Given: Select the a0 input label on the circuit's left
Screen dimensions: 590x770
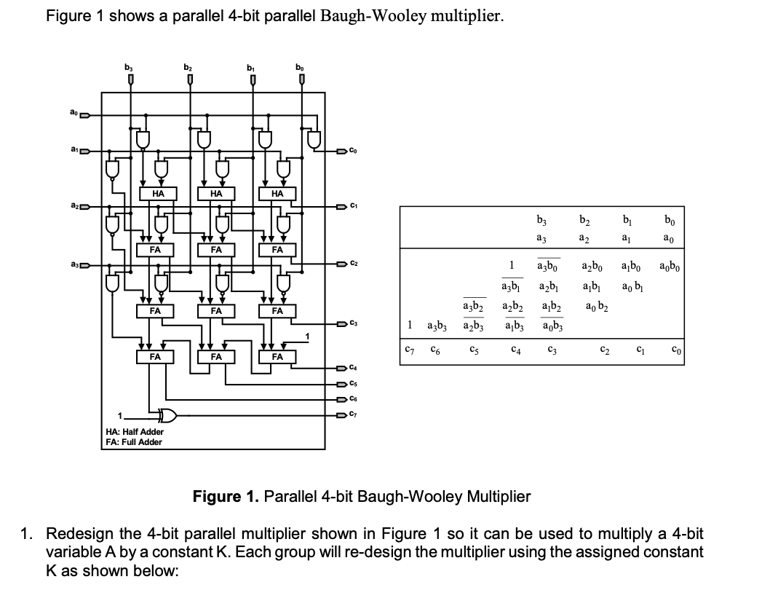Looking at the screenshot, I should tap(74, 113).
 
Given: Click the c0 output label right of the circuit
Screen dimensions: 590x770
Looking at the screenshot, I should tap(352, 151).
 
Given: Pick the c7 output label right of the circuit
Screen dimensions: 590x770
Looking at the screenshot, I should tap(353, 415).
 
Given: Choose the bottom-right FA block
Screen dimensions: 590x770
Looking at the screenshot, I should tap(277, 357).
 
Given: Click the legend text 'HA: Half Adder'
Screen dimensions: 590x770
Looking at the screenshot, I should tap(130, 431).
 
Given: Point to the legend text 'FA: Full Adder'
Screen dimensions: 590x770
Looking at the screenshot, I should tap(130, 441).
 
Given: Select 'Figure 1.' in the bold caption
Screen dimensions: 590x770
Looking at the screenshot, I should tap(224, 497).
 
